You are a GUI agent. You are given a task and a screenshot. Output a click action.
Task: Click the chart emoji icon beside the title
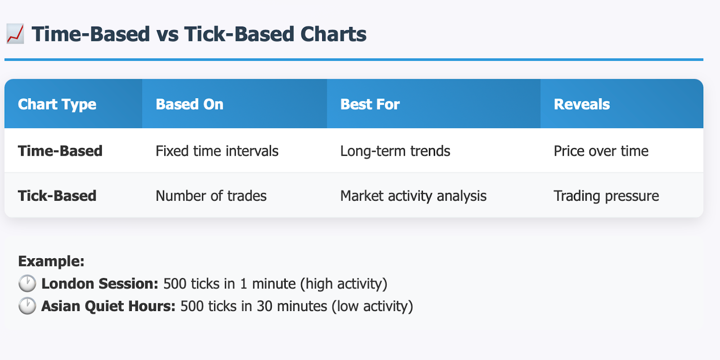[15, 34]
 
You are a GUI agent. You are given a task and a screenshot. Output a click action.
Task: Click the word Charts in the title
[333, 34]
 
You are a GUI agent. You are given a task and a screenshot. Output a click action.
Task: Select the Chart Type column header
[57, 104]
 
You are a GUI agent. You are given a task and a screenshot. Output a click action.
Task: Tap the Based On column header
[189, 104]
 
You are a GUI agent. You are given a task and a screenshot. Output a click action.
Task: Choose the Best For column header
[370, 104]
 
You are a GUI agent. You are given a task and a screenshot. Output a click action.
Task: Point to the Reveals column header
[581, 104]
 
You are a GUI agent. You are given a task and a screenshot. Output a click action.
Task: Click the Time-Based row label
[60, 151]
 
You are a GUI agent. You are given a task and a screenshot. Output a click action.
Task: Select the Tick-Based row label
[57, 196]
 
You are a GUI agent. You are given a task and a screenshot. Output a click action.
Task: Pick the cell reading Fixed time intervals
[217, 151]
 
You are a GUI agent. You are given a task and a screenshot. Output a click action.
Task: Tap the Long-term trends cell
[395, 151]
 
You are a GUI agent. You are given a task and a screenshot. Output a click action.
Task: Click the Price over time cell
[601, 151]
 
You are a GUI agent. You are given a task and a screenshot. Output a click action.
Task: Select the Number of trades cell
[211, 196]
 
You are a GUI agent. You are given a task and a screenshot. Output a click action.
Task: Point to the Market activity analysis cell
[414, 196]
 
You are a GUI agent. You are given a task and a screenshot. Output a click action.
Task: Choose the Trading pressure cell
[606, 196]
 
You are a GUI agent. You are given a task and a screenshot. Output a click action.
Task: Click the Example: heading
[51, 261]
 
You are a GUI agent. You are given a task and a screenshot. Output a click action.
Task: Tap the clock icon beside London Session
[27, 283]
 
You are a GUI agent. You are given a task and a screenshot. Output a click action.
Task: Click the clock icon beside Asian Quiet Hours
[27, 306]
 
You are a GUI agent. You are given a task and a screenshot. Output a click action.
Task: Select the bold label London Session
[99, 283]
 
